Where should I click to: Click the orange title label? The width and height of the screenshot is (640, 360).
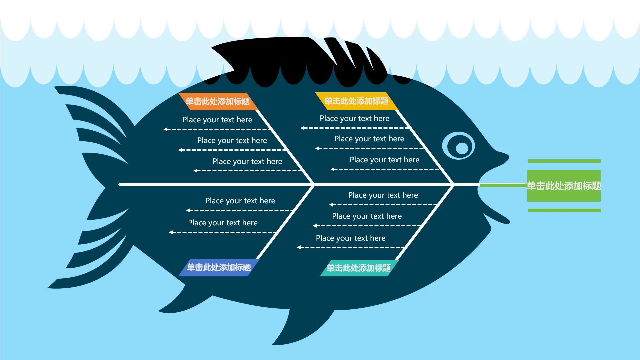[218, 101]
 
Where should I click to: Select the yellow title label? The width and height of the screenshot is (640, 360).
[357, 101]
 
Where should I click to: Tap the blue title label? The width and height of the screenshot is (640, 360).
[219, 267]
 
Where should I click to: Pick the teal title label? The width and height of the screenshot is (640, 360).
[359, 268]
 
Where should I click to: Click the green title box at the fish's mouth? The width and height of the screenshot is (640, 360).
[564, 186]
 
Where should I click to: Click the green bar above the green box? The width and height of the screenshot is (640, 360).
[564, 161]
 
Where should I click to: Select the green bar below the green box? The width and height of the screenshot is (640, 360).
[564, 210]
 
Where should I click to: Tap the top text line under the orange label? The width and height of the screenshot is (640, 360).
[217, 120]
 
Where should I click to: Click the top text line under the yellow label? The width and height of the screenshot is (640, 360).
[354, 118]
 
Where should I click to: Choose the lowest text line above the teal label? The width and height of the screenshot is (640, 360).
[351, 238]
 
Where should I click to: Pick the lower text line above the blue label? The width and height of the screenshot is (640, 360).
[223, 223]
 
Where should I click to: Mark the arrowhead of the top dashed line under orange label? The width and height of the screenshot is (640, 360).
[166, 129]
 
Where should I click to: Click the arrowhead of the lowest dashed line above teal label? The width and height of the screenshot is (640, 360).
[299, 247]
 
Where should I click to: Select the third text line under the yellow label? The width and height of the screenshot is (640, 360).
[384, 160]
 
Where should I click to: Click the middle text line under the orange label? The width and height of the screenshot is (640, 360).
[232, 140]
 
